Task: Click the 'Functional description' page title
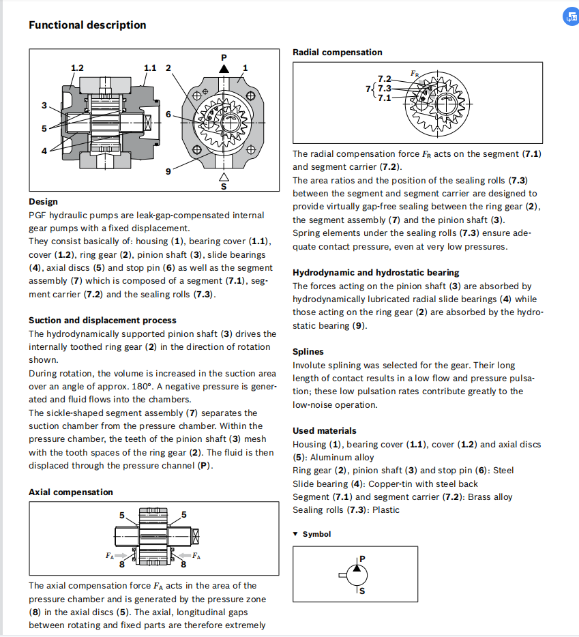point(87,25)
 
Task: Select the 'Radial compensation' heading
point(337,53)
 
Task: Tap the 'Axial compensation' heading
point(71,492)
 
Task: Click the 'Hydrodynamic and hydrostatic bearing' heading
point(376,273)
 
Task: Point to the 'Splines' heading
point(308,352)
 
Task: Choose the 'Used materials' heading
point(324,431)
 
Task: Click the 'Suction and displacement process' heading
point(102,321)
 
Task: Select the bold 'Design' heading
point(43,202)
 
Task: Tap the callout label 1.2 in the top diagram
point(77,68)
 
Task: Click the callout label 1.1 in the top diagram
point(150,68)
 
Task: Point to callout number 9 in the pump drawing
point(168,172)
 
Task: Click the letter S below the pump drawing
point(223,186)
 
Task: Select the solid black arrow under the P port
point(223,69)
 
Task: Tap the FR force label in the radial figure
point(415,73)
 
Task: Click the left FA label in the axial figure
point(109,555)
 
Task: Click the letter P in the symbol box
point(362,559)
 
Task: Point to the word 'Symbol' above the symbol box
point(316,534)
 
